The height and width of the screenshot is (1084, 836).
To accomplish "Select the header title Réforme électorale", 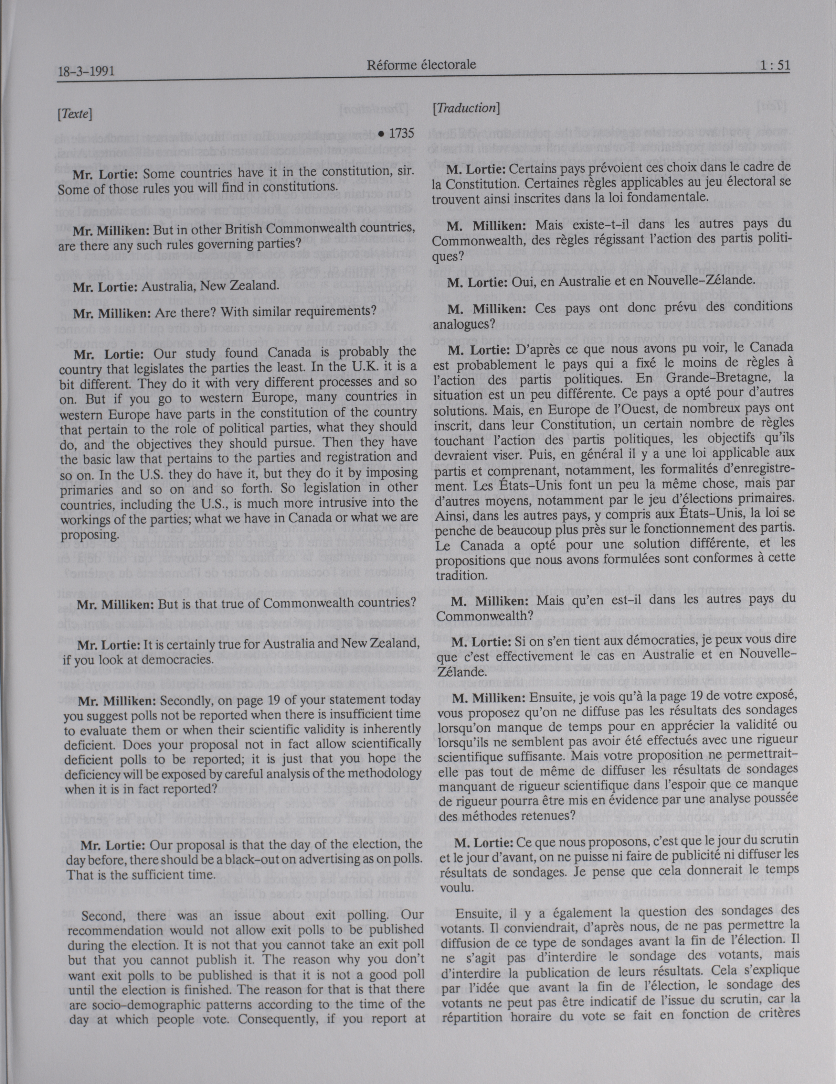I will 421,65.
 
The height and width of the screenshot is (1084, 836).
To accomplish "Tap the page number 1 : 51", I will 774,66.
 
